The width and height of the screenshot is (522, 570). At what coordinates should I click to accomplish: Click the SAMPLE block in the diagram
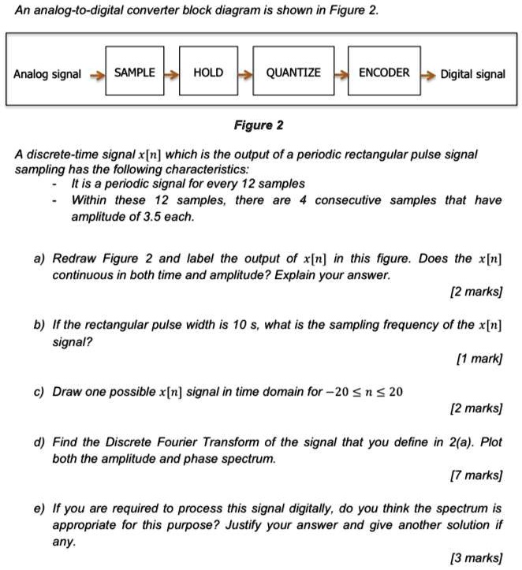[135, 73]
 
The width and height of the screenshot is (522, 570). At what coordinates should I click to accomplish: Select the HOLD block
[208, 73]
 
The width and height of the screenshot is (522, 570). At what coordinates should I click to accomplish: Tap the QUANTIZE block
[293, 73]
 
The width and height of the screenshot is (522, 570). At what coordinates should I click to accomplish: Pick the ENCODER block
[384, 73]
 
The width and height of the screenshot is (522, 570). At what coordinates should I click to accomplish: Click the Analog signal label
[47, 74]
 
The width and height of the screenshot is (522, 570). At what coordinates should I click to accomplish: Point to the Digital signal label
[472, 74]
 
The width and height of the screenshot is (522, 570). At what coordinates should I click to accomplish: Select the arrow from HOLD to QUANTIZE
[245, 75]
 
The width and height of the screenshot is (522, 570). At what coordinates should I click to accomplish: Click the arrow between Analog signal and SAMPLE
[97, 75]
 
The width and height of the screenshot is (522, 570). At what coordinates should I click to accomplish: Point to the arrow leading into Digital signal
[427, 75]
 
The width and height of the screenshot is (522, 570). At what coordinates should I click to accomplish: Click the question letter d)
[39, 443]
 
